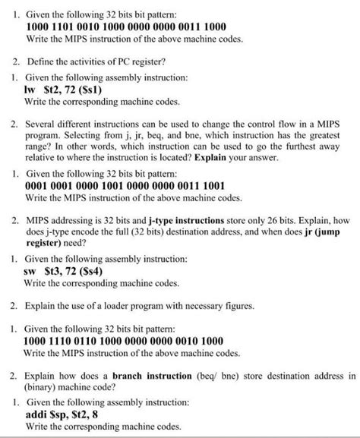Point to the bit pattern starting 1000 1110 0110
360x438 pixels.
click(x=125, y=341)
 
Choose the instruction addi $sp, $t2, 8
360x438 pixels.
click(x=66, y=414)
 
